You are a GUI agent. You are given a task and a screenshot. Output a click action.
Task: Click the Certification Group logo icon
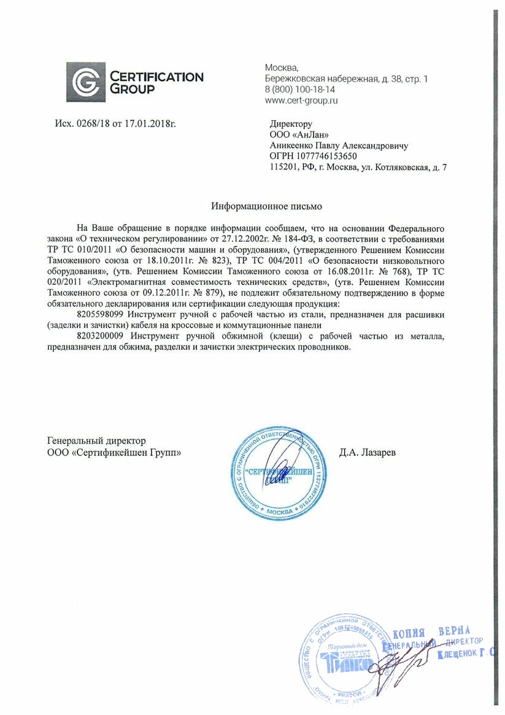[x=86, y=82]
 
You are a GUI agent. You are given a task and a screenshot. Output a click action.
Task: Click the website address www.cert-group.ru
[x=301, y=99]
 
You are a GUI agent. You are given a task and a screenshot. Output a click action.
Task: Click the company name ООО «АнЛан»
[x=295, y=134]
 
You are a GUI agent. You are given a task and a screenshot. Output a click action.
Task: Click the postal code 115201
[x=283, y=167]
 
